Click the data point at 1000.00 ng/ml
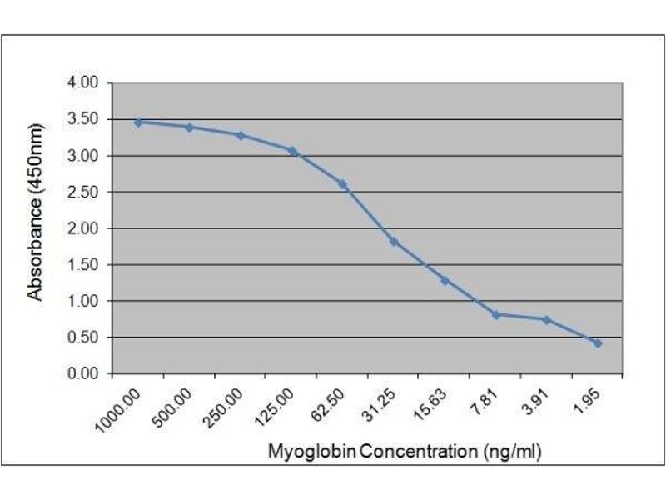tap(138, 122)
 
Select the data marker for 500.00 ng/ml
tap(189, 127)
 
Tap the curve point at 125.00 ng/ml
tap(291, 150)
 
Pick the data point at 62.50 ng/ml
tap(342, 183)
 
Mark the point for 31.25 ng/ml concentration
tap(393, 241)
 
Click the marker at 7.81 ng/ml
tap(495, 314)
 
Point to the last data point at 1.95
tap(598, 342)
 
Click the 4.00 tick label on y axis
tap(83, 83)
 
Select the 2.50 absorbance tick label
tap(83, 192)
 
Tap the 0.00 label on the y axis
tap(83, 373)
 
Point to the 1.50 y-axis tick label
tap(83, 265)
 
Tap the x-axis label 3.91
tap(533, 399)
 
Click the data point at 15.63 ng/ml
tap(445, 280)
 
